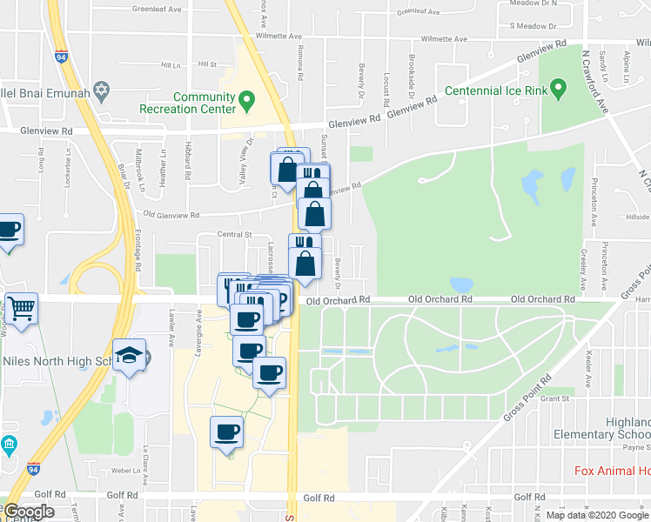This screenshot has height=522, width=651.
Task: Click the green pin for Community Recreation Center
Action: [x=246, y=100]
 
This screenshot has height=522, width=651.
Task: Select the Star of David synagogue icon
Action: [x=102, y=90]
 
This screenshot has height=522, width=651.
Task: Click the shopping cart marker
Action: [x=21, y=308]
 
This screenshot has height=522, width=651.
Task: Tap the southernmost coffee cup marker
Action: [x=227, y=433]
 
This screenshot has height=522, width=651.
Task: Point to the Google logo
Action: [x=29, y=512]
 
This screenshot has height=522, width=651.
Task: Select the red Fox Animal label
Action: [x=612, y=472]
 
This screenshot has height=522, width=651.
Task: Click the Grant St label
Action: [x=554, y=399]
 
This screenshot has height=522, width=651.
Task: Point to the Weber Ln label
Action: [x=127, y=470]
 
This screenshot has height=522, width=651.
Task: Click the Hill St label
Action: [x=206, y=64]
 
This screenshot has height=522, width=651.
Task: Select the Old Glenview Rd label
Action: [x=171, y=215]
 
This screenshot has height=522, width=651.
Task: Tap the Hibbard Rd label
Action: [x=187, y=157]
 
